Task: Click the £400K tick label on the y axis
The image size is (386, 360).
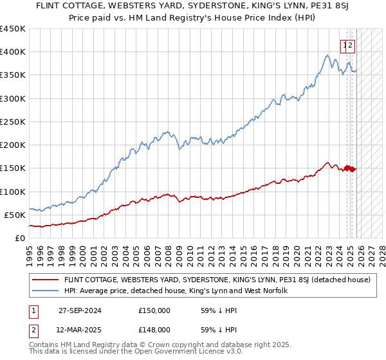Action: [12, 52]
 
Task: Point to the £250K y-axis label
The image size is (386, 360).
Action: [12, 122]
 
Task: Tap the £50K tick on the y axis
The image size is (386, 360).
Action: [15, 215]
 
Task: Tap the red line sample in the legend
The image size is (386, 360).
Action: [45, 280]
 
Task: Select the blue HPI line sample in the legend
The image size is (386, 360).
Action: [45, 291]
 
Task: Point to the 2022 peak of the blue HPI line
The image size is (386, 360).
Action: [327, 56]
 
